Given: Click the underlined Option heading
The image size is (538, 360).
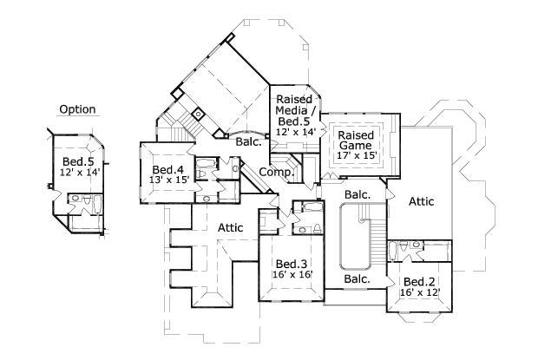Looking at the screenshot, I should pos(77,109).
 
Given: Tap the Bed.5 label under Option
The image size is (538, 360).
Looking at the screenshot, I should pos(78,160).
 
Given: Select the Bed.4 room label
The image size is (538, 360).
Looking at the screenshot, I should pos(168,169).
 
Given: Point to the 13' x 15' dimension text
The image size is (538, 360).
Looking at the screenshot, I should pos(169,180).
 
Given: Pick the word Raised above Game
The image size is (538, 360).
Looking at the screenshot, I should pos(355,136).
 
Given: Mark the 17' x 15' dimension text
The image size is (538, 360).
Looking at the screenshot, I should pos(356,157).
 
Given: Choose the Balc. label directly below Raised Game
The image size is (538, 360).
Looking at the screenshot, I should pos(357,194).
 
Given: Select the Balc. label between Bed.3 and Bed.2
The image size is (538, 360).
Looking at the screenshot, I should pos(357,279).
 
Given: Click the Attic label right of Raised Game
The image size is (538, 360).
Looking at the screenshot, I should pos(422,201).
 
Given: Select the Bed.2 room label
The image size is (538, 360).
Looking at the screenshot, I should pos(419,282).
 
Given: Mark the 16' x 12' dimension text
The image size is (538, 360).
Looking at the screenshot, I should pos(420,293).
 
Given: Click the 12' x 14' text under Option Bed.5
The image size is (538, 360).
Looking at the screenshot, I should pos(79,172).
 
